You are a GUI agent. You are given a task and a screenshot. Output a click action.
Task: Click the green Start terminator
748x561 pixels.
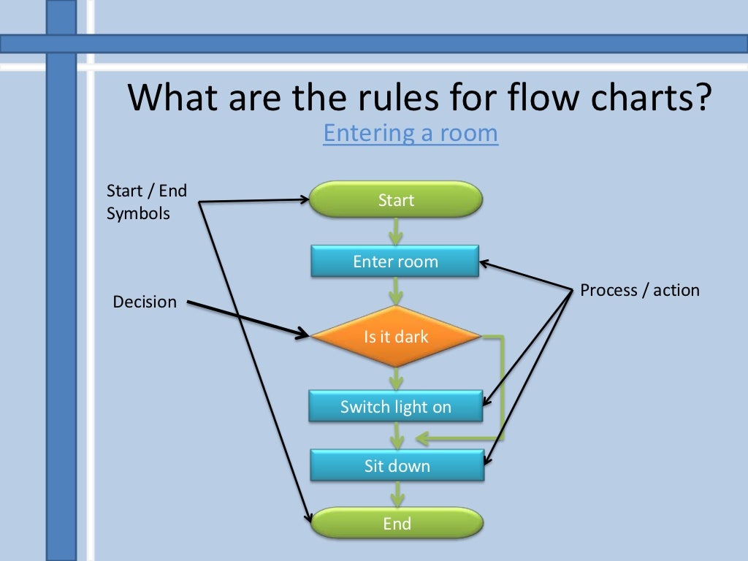pyautogui.click(x=396, y=199)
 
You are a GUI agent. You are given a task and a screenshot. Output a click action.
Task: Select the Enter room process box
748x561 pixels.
pyautogui.click(x=395, y=262)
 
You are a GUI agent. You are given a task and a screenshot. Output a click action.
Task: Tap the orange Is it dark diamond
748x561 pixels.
pyautogui.click(x=396, y=337)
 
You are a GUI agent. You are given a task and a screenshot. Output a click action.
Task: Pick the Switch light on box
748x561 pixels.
pyautogui.click(x=395, y=407)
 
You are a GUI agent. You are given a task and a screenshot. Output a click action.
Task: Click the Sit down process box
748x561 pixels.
pyautogui.click(x=397, y=465)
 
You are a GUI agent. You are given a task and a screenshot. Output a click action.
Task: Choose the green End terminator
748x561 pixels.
pyautogui.click(x=397, y=523)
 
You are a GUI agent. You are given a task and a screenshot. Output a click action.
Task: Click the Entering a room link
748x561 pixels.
pyautogui.click(x=411, y=134)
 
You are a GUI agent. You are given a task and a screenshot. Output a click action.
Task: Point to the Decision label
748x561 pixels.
pyautogui.click(x=145, y=302)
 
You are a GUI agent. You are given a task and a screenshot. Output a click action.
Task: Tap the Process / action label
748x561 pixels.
pyautogui.click(x=640, y=290)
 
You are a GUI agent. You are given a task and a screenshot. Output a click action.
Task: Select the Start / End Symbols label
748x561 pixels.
pyautogui.click(x=147, y=202)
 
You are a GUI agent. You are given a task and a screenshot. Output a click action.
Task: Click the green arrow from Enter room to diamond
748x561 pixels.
pyautogui.click(x=396, y=291)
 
